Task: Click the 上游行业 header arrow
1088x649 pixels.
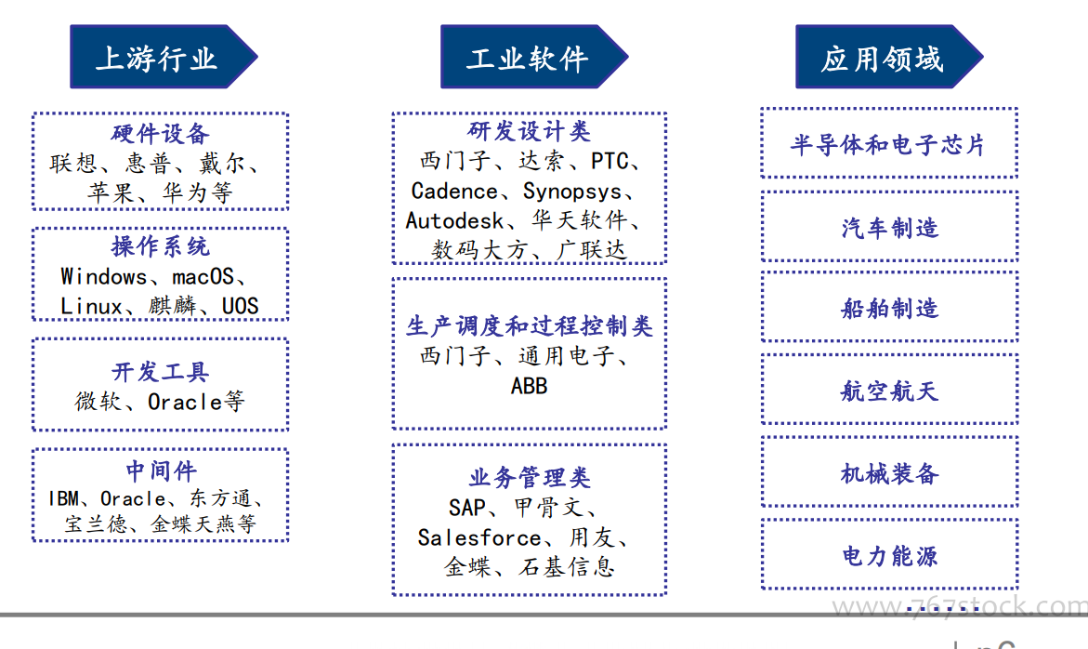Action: [164, 57]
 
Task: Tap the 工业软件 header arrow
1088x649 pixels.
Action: [533, 57]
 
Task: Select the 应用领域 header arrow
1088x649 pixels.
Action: [889, 57]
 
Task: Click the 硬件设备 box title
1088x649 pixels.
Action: [161, 133]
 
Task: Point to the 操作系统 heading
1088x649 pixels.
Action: [161, 245]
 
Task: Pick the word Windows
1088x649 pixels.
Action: [103, 276]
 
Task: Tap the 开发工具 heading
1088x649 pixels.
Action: [161, 371]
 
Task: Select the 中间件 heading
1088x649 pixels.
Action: [161, 471]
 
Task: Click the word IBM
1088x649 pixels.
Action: [64, 498]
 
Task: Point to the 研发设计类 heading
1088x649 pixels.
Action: [529, 130]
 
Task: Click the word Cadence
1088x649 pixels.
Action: [454, 191]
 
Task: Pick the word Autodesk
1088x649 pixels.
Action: [454, 220]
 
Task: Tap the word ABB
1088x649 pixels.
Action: [530, 385]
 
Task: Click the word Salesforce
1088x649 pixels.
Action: [479, 537]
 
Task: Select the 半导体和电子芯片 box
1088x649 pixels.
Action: [889, 143]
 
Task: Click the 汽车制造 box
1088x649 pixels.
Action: [889, 226]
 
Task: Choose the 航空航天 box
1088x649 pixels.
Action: [889, 391]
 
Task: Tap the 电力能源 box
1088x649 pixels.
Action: [889, 554]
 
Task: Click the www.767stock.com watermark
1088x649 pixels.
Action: [960, 606]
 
